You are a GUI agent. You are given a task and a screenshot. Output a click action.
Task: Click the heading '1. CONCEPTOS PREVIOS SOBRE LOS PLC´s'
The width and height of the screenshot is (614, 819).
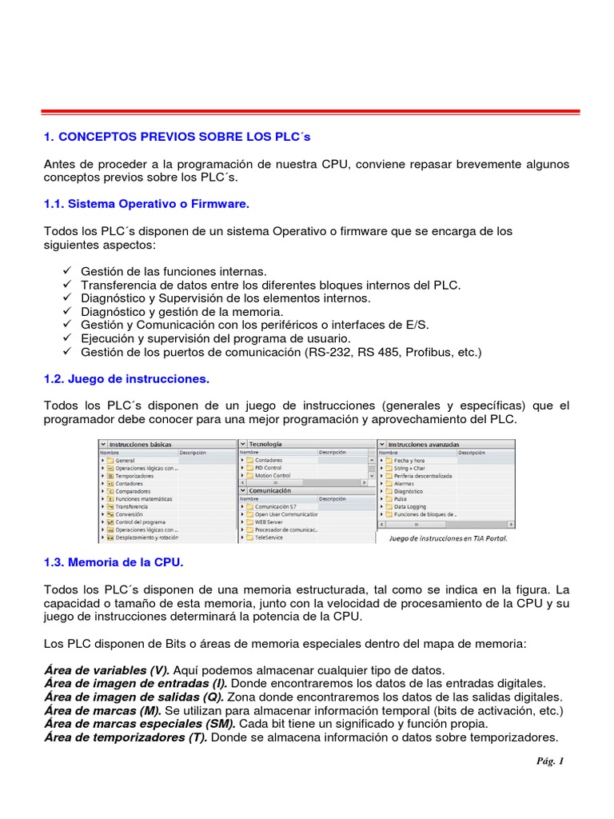pyautogui.click(x=177, y=137)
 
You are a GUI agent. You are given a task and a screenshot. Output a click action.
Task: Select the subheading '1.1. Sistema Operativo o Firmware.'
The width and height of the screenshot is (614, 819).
pyautogui.click(x=147, y=204)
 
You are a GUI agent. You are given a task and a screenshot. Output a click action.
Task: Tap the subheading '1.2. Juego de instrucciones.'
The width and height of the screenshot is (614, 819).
pyautogui.click(x=126, y=378)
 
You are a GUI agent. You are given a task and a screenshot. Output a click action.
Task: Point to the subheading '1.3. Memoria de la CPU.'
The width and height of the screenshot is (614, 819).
pyautogui.click(x=114, y=562)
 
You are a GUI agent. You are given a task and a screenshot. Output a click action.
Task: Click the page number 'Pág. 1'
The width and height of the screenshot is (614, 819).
pyautogui.click(x=550, y=761)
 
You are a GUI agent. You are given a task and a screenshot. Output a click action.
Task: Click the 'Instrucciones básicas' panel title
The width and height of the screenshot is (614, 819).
pyautogui.click(x=140, y=444)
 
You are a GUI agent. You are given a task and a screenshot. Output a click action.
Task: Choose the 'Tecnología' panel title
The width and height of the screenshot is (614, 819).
pyautogui.click(x=265, y=444)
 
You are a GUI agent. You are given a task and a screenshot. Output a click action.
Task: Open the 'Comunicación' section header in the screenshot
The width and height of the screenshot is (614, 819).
pyautogui.click(x=269, y=490)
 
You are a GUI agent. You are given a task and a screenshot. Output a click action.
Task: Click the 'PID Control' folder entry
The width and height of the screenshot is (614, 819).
pyautogui.click(x=269, y=468)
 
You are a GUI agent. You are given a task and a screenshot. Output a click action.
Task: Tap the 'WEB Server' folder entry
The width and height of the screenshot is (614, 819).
pyautogui.click(x=269, y=521)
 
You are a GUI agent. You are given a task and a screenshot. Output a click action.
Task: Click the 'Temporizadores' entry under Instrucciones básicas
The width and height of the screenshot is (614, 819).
pyautogui.click(x=134, y=476)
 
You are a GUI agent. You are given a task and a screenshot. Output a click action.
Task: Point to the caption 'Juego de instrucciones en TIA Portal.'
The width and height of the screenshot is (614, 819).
pyautogui.click(x=448, y=538)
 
